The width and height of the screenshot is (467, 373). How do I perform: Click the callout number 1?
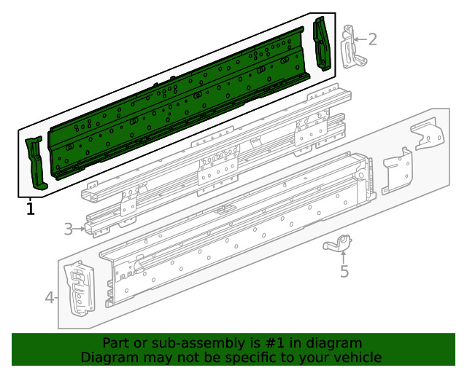(x=30, y=209)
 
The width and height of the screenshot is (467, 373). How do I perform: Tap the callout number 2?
(x=372, y=39)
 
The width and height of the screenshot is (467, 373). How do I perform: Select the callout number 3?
(x=69, y=229)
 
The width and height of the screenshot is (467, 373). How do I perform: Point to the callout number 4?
(x=50, y=297)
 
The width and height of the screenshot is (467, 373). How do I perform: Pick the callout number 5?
(x=344, y=272)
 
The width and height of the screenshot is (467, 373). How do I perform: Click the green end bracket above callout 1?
(x=35, y=162)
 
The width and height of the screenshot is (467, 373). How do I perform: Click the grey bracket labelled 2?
(x=351, y=48)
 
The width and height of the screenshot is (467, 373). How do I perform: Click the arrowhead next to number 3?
(x=82, y=229)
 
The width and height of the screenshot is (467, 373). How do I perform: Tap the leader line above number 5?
(x=344, y=259)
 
